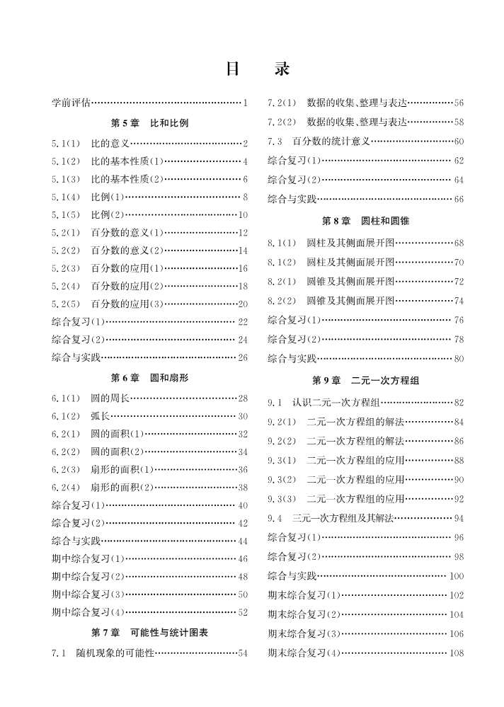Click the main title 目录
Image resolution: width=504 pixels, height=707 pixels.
[x=257, y=69]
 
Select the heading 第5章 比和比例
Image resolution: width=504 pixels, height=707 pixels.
[x=149, y=122]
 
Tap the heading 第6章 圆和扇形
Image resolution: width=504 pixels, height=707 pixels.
[x=149, y=377]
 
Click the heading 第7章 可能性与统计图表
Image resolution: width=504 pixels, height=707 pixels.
[x=149, y=632]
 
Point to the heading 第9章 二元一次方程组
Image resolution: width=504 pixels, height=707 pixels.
[x=365, y=381]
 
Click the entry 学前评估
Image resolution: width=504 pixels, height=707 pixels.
[x=71, y=103]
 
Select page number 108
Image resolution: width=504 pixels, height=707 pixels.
[x=457, y=653]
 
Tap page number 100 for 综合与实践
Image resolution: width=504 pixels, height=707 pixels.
[x=457, y=577]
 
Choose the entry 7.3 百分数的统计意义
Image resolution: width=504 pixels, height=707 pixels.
[x=319, y=142]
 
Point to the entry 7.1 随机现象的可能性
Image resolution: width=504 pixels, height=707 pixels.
[x=103, y=653]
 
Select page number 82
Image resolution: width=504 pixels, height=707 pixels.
[x=459, y=403]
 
